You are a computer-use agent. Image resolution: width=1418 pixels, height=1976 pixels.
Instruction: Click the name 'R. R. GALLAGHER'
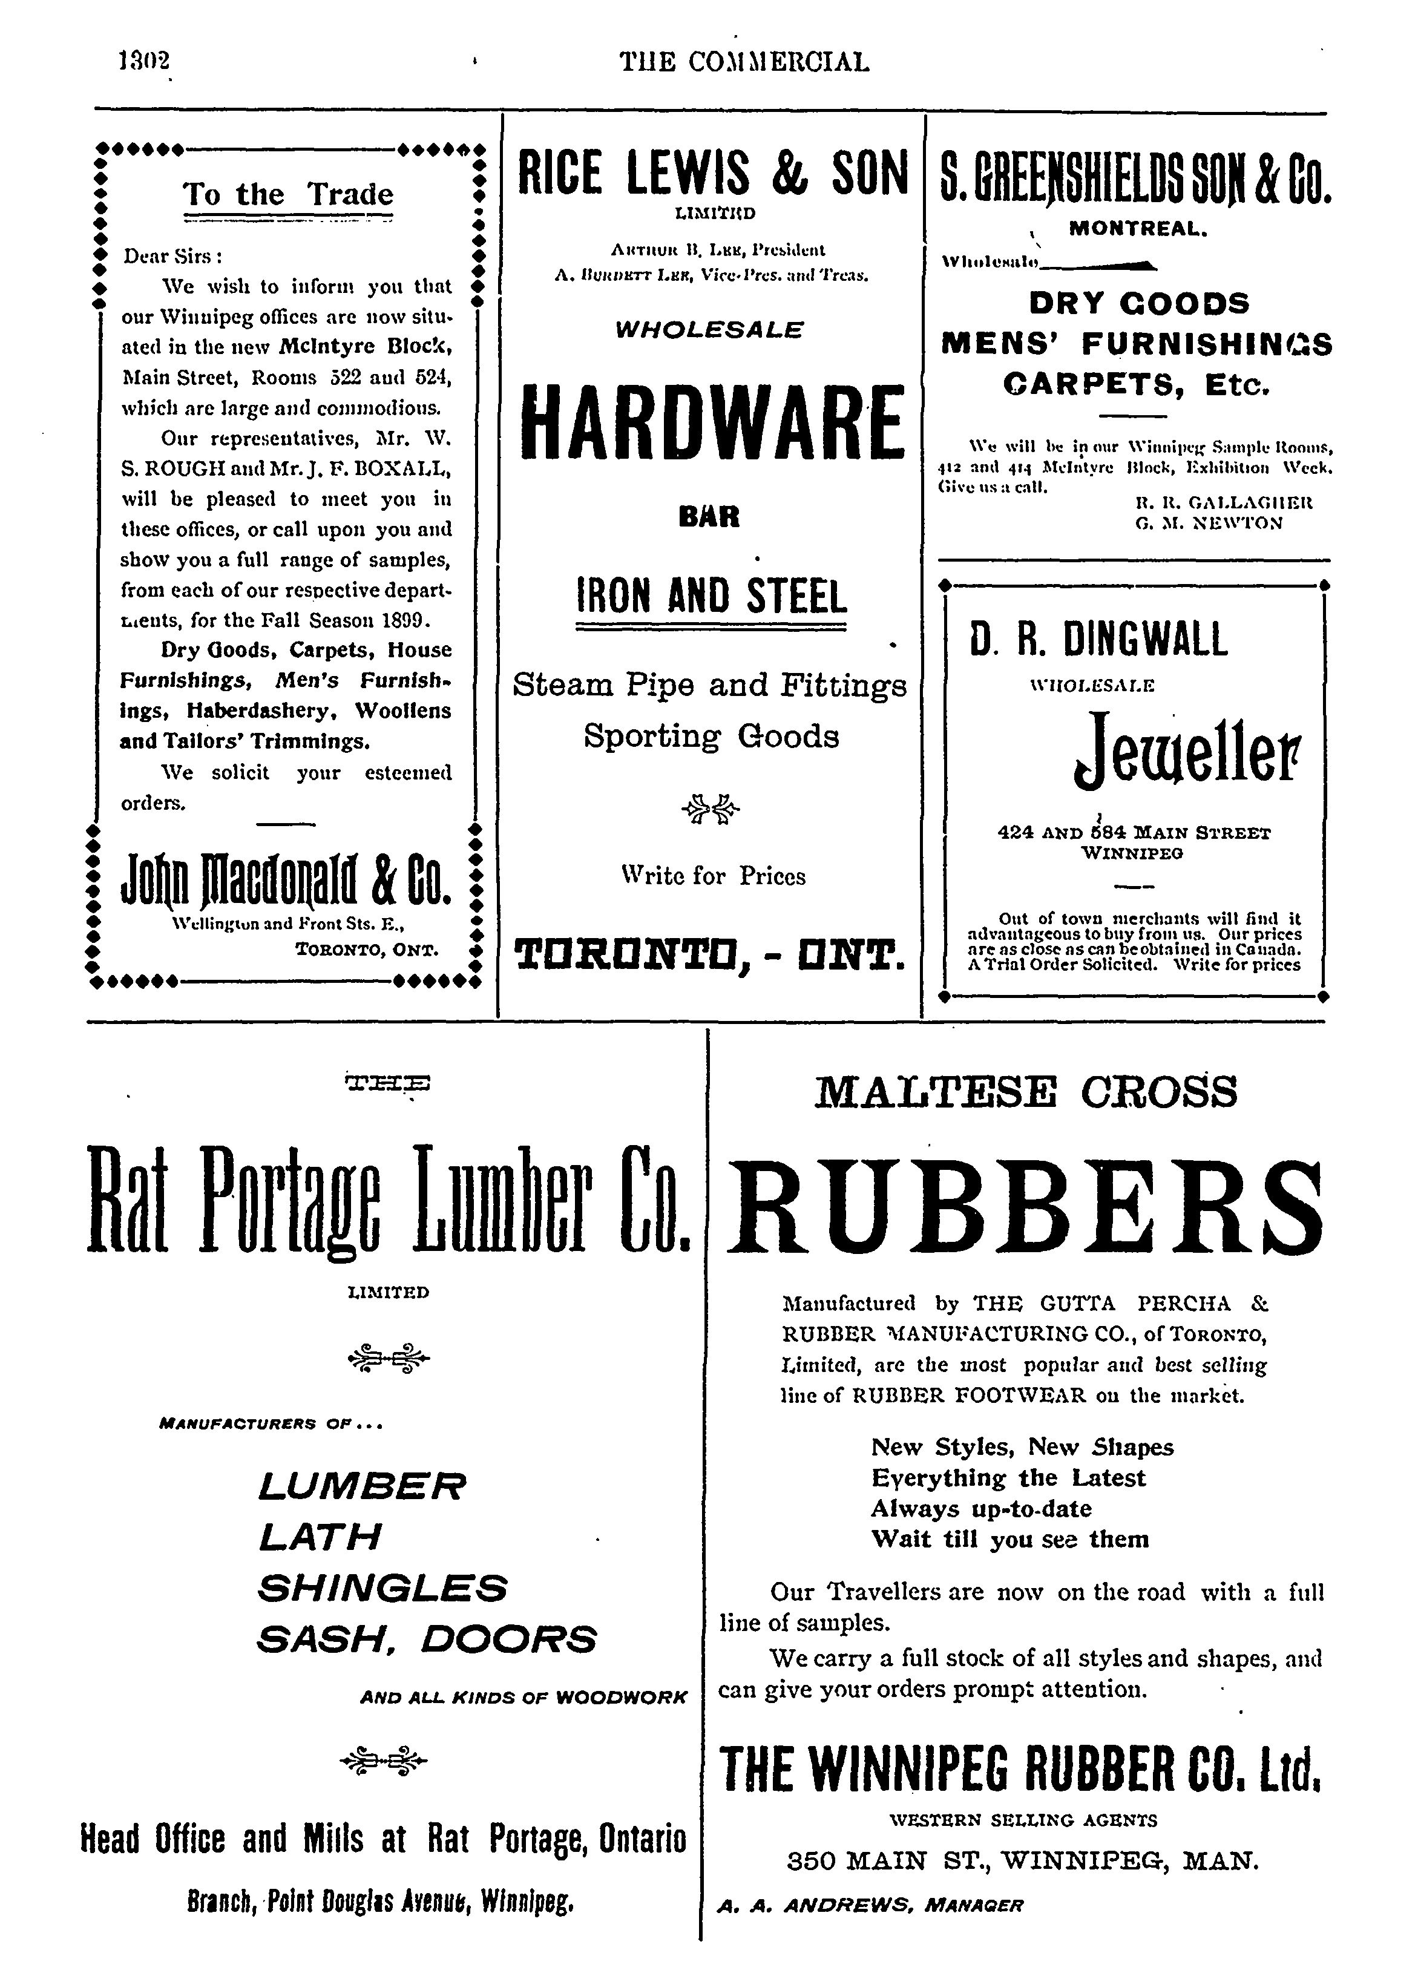pyautogui.click(x=1224, y=503)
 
